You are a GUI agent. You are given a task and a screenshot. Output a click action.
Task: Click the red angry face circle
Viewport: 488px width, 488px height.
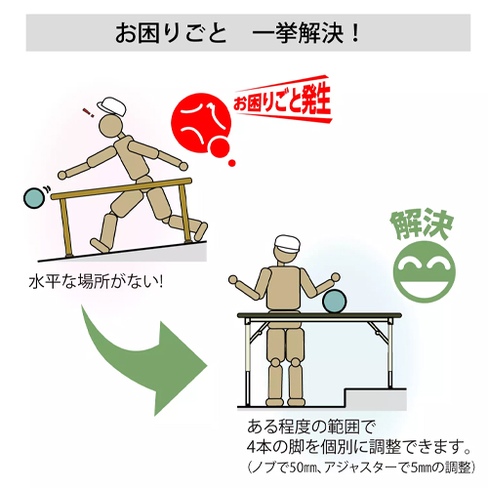click(x=201, y=123)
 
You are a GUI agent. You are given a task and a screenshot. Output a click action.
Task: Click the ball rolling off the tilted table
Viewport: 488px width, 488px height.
click(x=34, y=198)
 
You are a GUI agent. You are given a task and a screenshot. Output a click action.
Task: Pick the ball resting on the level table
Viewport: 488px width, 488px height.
click(x=335, y=303)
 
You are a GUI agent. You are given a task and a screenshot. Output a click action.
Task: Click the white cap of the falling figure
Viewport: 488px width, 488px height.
click(x=112, y=105)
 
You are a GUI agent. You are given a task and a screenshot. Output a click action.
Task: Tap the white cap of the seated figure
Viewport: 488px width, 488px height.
click(x=286, y=243)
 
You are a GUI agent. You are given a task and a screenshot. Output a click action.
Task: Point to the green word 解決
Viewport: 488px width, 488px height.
click(x=422, y=224)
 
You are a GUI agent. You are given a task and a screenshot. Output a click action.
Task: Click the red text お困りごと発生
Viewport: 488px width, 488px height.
click(x=282, y=100)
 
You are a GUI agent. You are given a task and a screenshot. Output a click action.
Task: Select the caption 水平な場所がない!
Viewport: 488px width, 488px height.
click(x=96, y=282)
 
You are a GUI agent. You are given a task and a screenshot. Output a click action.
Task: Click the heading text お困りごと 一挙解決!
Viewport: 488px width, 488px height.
click(x=238, y=33)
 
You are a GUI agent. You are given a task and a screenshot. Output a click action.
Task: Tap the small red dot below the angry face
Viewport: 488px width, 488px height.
click(x=231, y=163)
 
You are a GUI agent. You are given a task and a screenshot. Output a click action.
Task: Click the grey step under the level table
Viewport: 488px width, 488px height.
click(x=376, y=399)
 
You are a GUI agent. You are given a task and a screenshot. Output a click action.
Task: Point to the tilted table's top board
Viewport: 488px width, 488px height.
click(x=121, y=188)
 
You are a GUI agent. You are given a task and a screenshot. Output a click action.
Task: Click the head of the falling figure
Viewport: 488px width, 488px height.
click(x=110, y=126)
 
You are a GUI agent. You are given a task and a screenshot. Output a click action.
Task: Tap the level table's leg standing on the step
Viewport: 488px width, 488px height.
click(x=390, y=354)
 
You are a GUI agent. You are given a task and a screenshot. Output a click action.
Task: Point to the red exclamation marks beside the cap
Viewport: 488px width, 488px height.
click(x=89, y=112)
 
